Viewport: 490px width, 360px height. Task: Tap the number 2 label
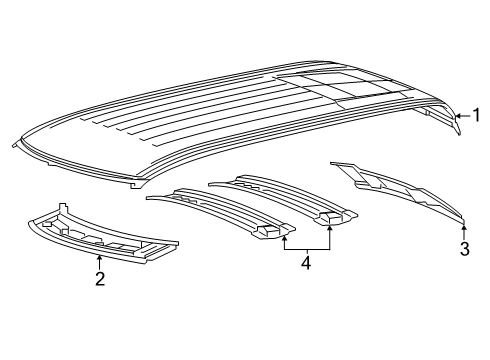point(99,279)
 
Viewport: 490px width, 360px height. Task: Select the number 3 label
point(464,250)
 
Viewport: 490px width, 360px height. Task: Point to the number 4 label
point(307,264)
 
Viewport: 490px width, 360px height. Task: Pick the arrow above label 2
point(99,259)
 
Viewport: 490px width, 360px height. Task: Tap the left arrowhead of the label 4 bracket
point(284,236)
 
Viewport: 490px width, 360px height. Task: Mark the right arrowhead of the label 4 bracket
point(331,224)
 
